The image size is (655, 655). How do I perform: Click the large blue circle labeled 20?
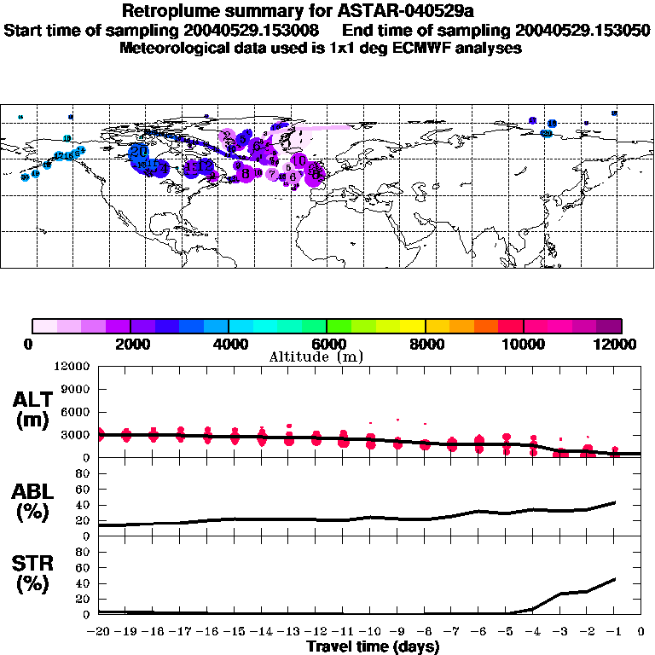[x=140, y=153]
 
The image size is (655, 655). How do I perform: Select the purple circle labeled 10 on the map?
[x=299, y=159]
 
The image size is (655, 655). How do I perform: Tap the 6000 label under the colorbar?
[x=327, y=345]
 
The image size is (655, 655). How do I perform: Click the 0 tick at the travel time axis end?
[x=641, y=632]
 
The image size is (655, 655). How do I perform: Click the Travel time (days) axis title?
[x=373, y=647]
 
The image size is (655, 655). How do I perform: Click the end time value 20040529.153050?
[x=581, y=30]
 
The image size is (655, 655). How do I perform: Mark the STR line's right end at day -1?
[x=614, y=580]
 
